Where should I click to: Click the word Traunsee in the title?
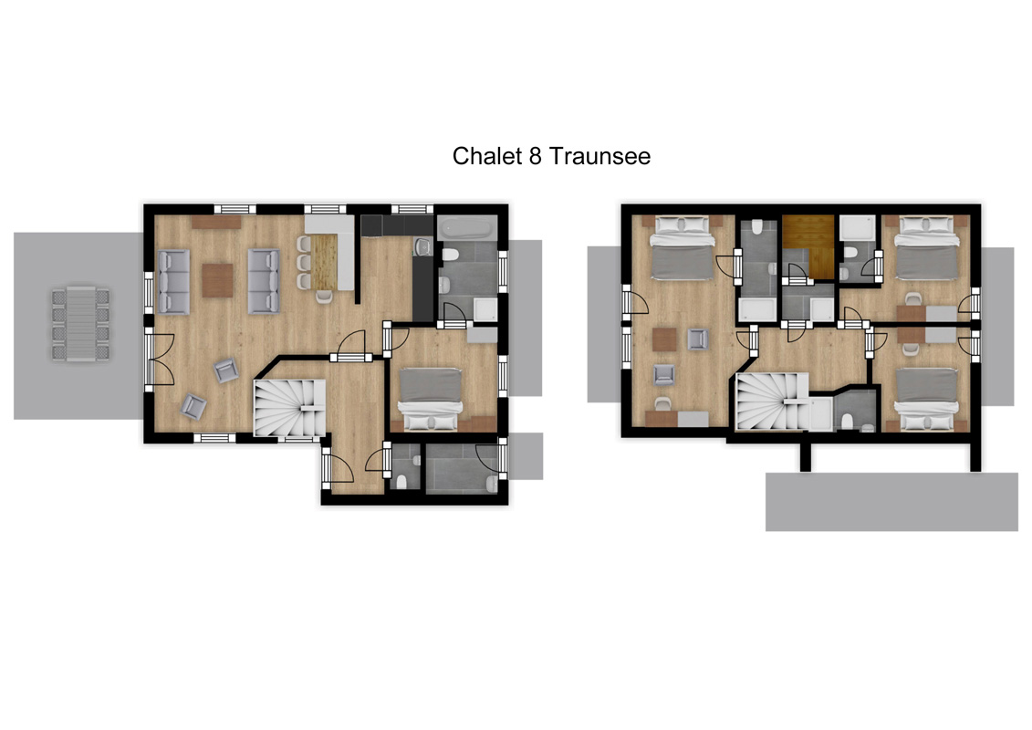(599, 156)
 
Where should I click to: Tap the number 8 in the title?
(535, 156)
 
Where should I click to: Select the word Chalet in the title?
(487, 156)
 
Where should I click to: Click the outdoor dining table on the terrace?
(81, 323)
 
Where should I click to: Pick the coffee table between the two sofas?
(217, 280)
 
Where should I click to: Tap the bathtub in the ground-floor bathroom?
(467, 228)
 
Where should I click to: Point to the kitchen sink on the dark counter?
(422, 247)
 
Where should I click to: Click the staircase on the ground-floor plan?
(289, 408)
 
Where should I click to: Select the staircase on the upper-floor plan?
(771, 401)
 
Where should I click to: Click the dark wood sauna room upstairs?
(808, 246)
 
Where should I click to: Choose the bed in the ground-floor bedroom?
(431, 399)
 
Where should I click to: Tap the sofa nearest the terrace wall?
(173, 282)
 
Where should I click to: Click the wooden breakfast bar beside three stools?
(323, 262)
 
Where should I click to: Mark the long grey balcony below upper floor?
(891, 502)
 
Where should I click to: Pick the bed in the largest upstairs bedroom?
(683, 248)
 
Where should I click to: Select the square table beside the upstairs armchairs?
(664, 339)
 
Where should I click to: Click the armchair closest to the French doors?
(225, 370)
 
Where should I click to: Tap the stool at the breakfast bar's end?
(324, 297)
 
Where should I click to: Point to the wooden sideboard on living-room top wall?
(216, 222)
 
